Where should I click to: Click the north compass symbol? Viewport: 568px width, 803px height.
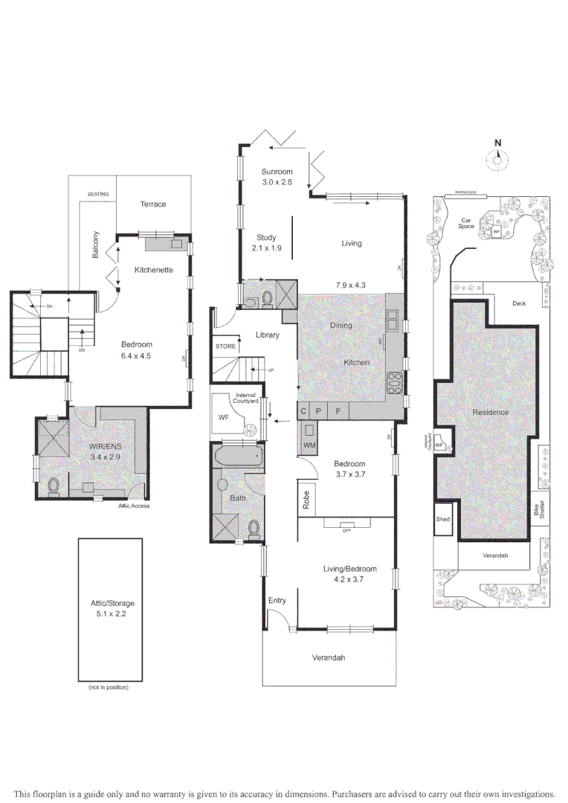pyautogui.click(x=498, y=158)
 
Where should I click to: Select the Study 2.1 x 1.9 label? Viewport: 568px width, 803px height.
pyautogui.click(x=266, y=243)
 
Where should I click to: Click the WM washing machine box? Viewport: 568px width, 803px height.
pyautogui.click(x=309, y=437)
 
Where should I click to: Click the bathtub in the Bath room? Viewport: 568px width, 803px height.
pyautogui.click(x=238, y=455)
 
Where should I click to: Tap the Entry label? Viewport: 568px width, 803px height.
pyautogui.click(x=277, y=600)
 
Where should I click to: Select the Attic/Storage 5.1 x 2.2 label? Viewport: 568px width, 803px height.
pyautogui.click(x=110, y=608)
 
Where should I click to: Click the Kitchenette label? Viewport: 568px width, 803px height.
pyautogui.click(x=153, y=270)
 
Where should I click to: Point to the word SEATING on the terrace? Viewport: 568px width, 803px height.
pyautogui.click(x=98, y=194)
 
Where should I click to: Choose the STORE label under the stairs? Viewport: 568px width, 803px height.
pyautogui.click(x=225, y=346)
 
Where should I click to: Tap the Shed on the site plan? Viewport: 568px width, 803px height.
pyautogui.click(x=443, y=520)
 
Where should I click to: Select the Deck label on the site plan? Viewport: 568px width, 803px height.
pyautogui.click(x=518, y=303)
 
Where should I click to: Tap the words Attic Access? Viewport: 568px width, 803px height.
pyautogui.click(x=134, y=506)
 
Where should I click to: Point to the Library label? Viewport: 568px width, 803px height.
pyautogui.click(x=267, y=335)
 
